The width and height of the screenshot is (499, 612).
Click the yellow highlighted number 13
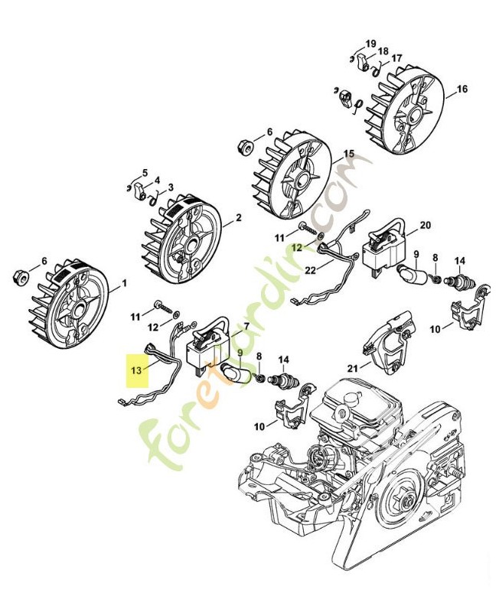tap(137, 369)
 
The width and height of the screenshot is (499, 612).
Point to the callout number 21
tap(354, 368)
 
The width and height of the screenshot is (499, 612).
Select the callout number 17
tap(396, 58)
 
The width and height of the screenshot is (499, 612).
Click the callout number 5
tap(145, 173)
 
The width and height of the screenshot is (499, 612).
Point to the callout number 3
tap(170, 187)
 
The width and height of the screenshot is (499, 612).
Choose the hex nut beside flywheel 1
tap(23, 275)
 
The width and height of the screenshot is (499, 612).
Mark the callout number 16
tap(461, 90)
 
